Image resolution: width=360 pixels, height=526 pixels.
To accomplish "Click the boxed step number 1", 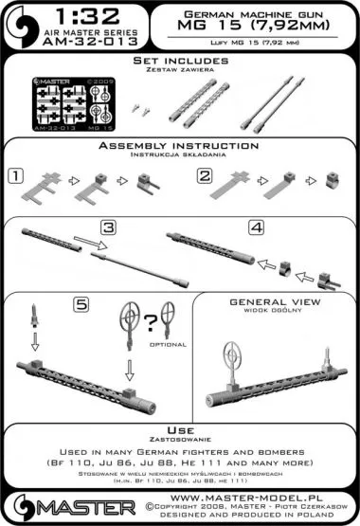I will (x=15, y=175).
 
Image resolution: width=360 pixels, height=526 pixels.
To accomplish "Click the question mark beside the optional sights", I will (x=150, y=321).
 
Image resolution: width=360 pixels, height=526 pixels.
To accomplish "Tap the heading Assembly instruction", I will (x=179, y=146).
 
